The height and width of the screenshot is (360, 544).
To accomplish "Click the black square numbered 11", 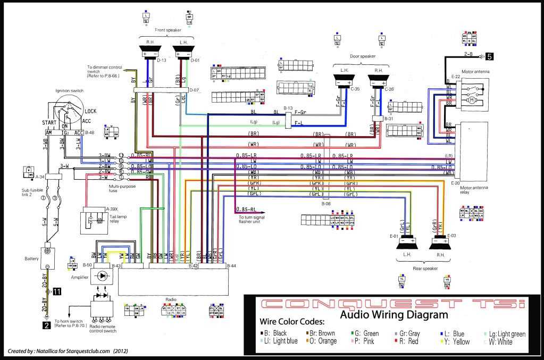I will pos(56,291).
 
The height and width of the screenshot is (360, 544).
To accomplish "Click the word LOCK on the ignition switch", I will pos(90,112).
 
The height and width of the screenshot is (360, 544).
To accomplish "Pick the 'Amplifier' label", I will pos(79,278).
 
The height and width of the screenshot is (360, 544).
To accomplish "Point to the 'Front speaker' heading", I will pos(167,30).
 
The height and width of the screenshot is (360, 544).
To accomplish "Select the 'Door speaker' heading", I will pos(362,56).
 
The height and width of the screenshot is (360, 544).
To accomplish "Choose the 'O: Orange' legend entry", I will pos(320,341).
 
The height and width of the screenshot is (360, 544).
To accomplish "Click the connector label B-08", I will pos(325,203).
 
